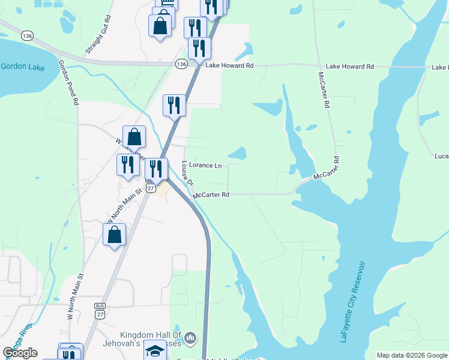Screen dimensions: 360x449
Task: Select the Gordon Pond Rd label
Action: click(68, 82)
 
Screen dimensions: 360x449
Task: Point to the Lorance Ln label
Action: click(205, 165)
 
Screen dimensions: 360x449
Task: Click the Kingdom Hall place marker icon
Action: click(190, 339)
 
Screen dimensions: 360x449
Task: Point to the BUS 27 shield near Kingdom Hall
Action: click(100, 310)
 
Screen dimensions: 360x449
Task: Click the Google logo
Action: click(20, 353)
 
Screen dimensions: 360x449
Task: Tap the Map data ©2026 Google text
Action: click(411, 355)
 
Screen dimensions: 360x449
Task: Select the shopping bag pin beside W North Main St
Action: click(115, 235)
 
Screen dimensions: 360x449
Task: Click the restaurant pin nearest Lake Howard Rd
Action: click(199, 49)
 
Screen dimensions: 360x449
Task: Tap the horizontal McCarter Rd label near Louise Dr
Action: click(211, 195)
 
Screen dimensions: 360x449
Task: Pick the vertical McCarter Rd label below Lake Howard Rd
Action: click(325, 91)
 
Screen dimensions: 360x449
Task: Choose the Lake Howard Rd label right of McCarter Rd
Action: click(349, 67)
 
